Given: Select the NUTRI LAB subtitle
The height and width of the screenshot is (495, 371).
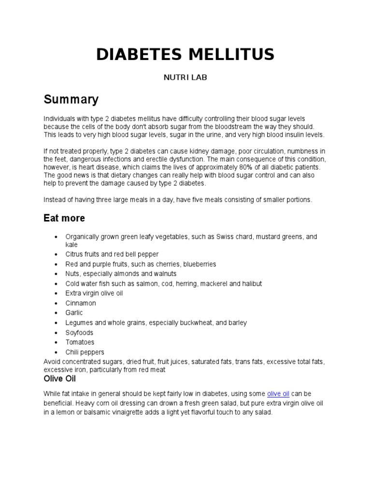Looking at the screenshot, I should (x=185, y=77).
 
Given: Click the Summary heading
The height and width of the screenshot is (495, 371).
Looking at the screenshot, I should (x=71, y=100).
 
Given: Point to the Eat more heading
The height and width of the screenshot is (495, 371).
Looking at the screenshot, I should (x=64, y=218).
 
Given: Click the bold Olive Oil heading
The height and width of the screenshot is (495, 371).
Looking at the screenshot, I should (x=60, y=379).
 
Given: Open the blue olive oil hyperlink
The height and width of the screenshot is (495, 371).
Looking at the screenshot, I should (x=278, y=394).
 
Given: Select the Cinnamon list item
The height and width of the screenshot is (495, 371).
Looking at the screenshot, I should (x=81, y=303).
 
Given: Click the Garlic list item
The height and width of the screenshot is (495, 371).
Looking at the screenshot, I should (x=74, y=313).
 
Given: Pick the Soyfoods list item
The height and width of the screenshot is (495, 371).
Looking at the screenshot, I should (x=79, y=333).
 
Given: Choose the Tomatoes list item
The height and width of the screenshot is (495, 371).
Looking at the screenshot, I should (x=80, y=342).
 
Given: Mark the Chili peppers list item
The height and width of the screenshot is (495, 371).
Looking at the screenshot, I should (x=85, y=352).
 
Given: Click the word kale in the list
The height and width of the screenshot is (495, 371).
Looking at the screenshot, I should (x=71, y=245).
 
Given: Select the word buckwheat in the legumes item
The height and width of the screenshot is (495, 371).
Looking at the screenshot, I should (x=201, y=322).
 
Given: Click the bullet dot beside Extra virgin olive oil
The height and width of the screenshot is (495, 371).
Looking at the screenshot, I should (x=57, y=293).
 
